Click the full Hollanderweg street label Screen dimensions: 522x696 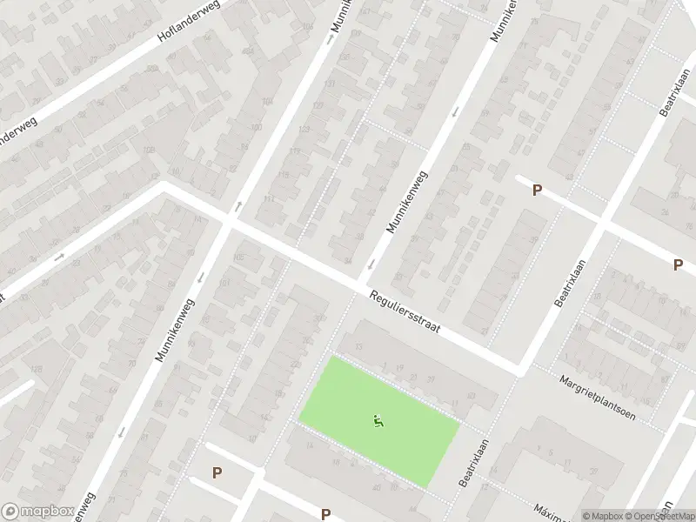pos(189,23)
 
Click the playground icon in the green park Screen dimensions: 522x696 pos(378,422)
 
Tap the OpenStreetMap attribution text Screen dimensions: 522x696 pos(658,515)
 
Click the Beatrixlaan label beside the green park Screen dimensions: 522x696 pos(473,461)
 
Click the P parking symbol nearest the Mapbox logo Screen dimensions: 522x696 pos(217,473)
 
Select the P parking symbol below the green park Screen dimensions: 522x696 pos(325,513)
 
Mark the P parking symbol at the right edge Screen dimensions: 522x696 pos(678,264)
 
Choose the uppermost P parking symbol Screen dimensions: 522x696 pos(537,190)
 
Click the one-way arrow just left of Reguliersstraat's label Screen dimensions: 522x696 pos(372,264)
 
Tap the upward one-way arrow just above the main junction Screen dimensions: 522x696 pos(238,206)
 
